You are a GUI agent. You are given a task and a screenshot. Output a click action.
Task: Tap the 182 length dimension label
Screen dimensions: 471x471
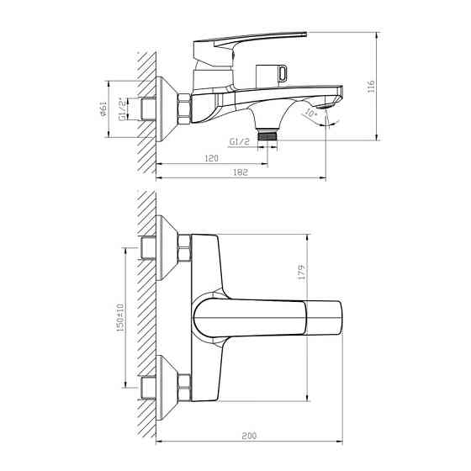242,172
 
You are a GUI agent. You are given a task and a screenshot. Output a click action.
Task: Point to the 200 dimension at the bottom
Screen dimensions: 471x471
250,437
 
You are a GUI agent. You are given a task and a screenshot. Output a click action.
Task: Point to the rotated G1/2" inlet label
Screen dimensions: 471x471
121,108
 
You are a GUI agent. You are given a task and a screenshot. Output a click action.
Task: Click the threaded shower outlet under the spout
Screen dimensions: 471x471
268,133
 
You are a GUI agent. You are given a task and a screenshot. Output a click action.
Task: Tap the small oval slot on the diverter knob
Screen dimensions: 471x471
276,71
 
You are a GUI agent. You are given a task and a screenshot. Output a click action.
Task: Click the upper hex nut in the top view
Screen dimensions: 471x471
185,252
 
